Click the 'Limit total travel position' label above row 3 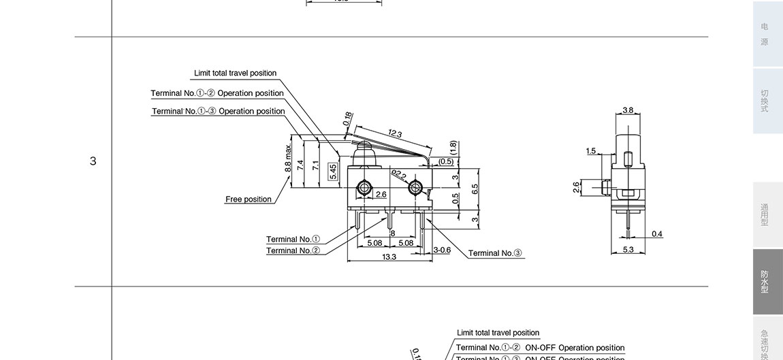click(x=235, y=73)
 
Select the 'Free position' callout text click(x=248, y=199)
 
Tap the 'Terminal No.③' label click(x=495, y=253)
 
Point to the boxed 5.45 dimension click(x=332, y=171)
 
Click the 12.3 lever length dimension click(x=395, y=134)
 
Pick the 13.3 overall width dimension click(x=389, y=257)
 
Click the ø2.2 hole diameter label click(x=399, y=176)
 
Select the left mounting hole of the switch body click(x=364, y=187)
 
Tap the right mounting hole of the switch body click(x=415, y=187)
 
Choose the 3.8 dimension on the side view click(x=628, y=110)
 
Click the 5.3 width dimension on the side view click(x=628, y=250)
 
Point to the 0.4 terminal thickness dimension click(x=656, y=234)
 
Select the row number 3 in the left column click(x=93, y=161)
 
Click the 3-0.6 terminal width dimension click(x=442, y=250)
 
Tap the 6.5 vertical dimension click(x=475, y=188)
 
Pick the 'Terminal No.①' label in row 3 click(x=293, y=239)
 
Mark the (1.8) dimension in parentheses click(x=453, y=147)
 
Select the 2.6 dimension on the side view click(x=576, y=188)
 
